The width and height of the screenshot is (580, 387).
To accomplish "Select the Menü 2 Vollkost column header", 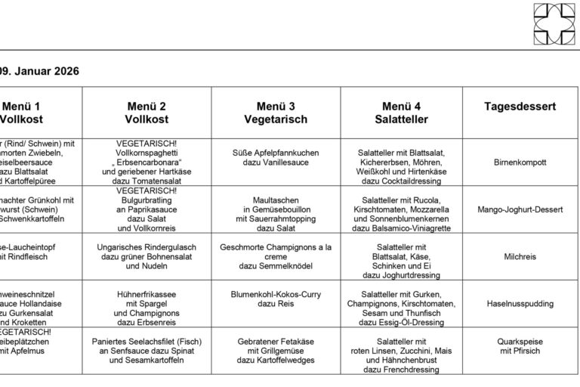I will (147, 113).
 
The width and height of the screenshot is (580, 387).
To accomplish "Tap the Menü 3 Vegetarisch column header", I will (276, 113).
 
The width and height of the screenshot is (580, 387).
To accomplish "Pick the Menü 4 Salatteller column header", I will (401, 113).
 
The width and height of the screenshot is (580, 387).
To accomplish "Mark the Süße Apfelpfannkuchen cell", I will (276, 158).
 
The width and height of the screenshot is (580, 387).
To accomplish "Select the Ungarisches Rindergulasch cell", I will (147, 257).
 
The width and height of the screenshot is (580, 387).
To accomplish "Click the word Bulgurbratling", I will (147, 200).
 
